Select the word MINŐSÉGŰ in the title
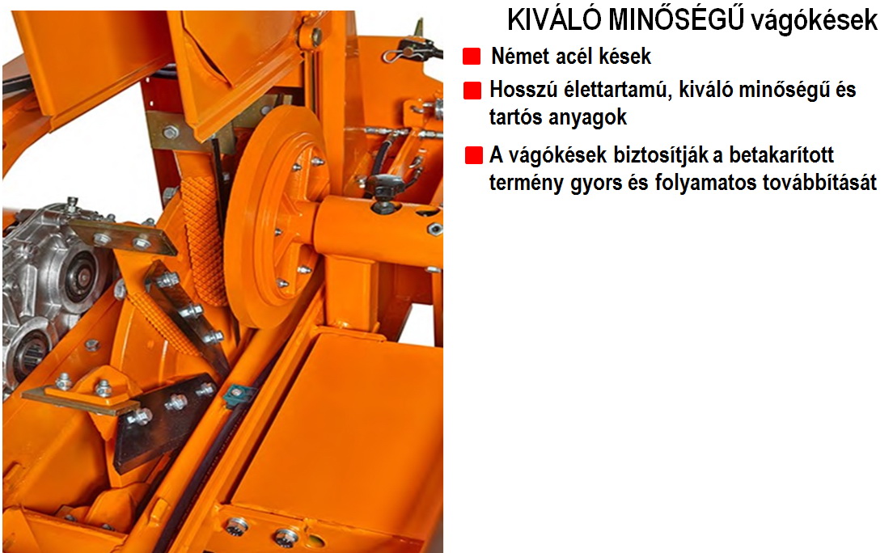(675, 20)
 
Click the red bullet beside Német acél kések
(472, 57)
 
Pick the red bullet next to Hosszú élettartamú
(472, 91)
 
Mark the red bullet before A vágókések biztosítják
(474, 155)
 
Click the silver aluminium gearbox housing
(54, 285)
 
